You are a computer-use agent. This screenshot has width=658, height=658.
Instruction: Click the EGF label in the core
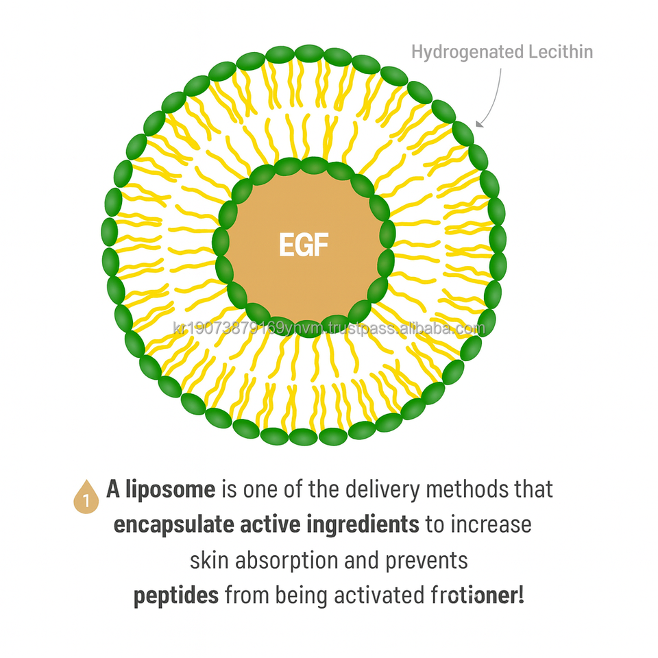pos(303,245)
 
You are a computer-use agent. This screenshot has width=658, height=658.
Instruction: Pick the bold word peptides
pos(176,595)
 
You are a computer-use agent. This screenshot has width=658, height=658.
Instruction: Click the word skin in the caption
pos(210,560)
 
